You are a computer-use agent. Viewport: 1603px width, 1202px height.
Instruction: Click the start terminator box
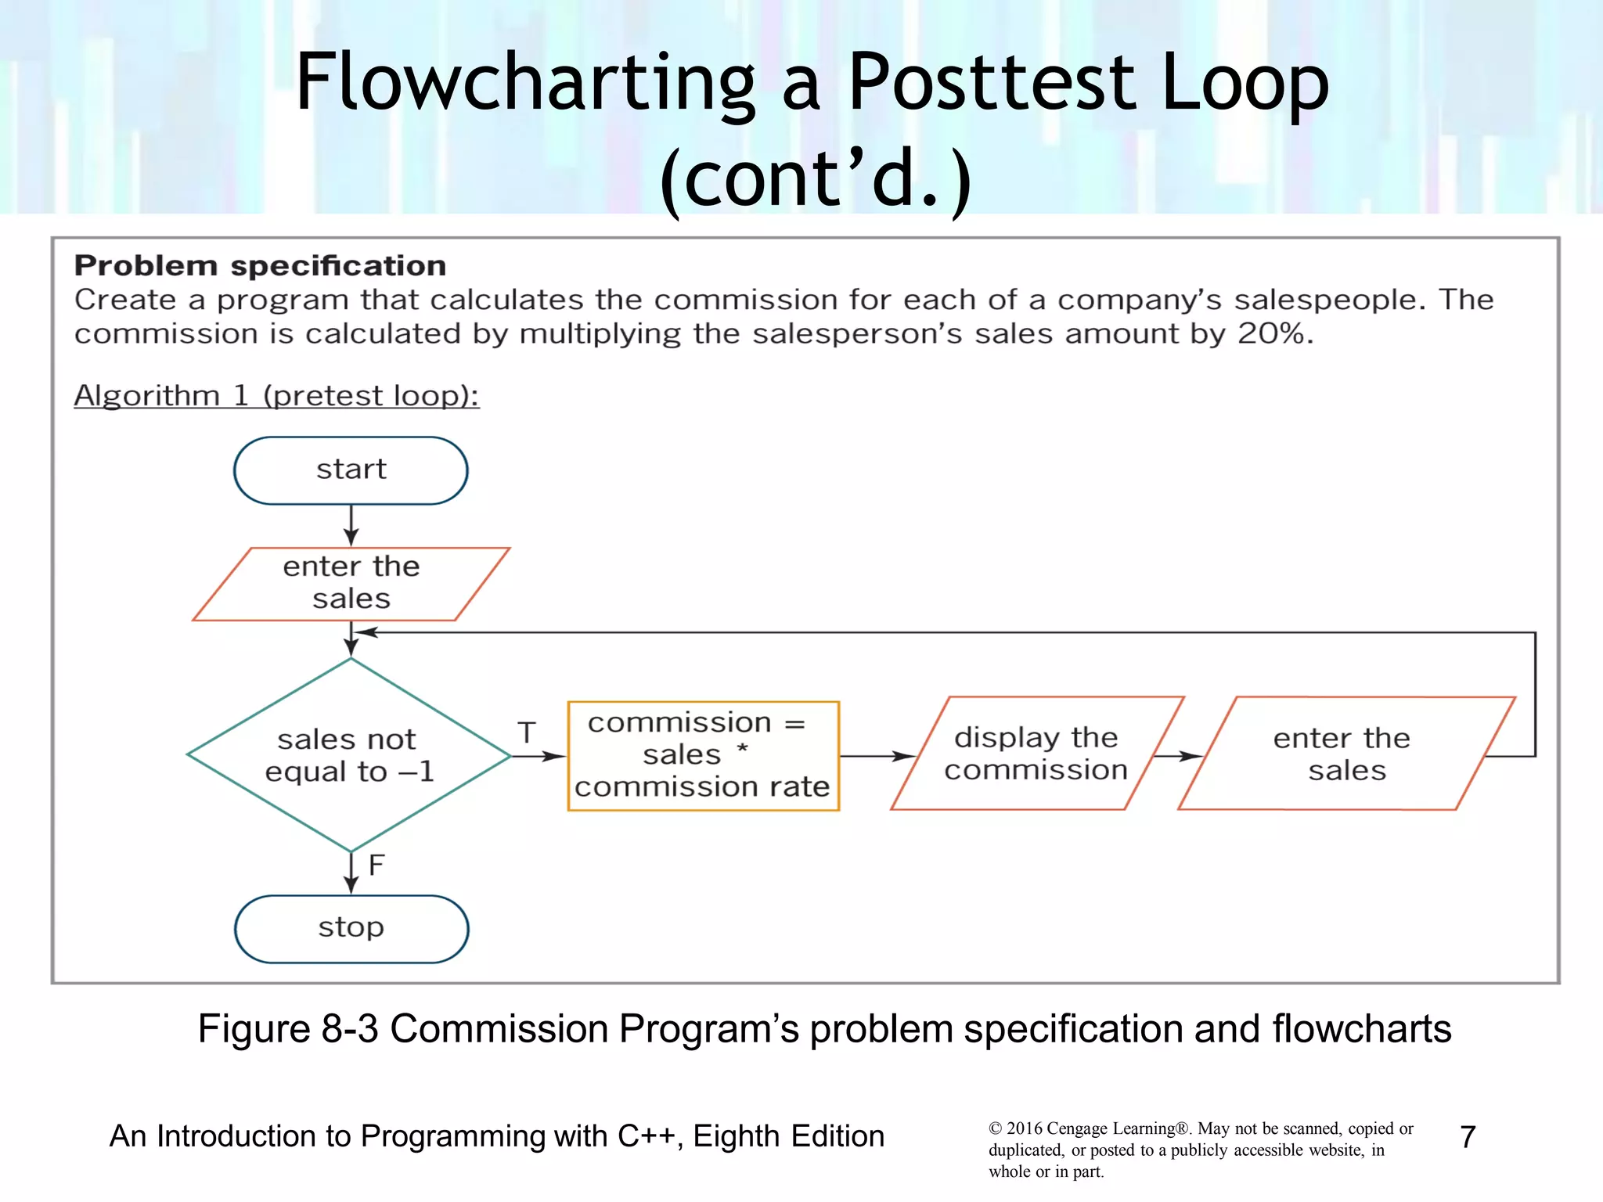[351, 470]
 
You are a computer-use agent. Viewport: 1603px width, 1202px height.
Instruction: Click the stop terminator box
[351, 928]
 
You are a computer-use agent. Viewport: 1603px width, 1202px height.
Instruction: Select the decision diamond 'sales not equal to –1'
[349, 755]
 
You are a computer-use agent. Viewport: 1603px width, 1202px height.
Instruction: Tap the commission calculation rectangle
[703, 755]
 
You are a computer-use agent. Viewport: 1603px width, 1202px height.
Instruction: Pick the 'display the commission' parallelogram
[1036, 754]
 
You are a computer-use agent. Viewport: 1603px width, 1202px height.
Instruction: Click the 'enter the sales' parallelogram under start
[351, 583]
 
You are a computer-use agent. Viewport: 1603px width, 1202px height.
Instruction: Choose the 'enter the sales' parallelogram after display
[1345, 754]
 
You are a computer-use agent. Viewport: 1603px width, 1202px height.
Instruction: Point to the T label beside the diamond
[527, 733]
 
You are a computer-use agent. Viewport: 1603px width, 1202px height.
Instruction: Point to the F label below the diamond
[376, 866]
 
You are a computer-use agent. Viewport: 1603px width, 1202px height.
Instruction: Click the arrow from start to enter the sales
[351, 525]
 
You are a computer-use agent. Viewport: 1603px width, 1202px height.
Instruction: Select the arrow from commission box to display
[876, 756]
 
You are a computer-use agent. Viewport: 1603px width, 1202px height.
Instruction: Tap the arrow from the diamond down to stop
[351, 873]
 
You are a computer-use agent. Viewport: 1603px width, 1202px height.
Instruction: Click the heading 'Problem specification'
[260, 266]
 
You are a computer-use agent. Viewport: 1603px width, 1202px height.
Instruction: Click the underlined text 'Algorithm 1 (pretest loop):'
[276, 395]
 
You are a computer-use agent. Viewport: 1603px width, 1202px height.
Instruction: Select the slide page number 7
[1468, 1137]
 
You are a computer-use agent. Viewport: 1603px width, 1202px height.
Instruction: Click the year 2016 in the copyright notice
[1024, 1128]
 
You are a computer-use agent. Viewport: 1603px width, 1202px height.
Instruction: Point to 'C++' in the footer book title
[645, 1136]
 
